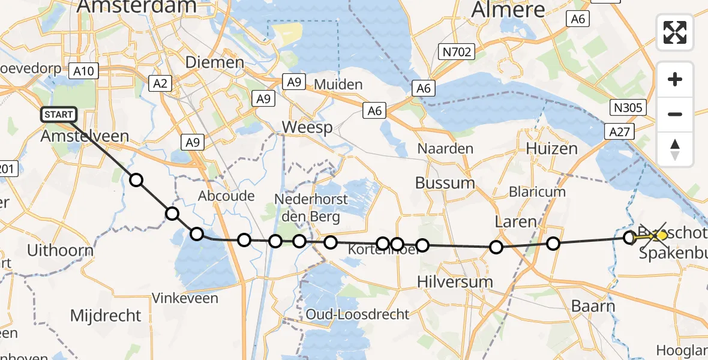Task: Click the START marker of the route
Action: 59,114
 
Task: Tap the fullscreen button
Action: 675,32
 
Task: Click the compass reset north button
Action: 675,149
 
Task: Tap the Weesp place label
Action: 307,127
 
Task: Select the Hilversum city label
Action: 455,281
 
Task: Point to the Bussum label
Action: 445,183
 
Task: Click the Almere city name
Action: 508,9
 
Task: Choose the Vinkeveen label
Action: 185,298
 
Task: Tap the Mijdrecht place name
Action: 106,316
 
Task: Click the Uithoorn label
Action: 56,250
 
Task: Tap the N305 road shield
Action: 628,108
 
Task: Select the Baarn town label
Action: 593,306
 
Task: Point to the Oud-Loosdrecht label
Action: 358,314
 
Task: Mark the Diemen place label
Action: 215,62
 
